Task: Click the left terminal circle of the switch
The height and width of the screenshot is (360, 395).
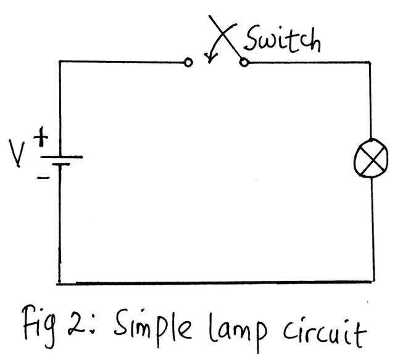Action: (x=188, y=62)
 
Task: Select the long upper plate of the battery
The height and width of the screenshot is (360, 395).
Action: (x=60, y=155)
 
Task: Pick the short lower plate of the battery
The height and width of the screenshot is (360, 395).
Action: (x=60, y=165)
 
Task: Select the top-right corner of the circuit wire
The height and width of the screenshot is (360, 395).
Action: (x=371, y=62)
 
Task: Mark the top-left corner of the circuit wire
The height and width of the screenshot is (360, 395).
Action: (x=60, y=62)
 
